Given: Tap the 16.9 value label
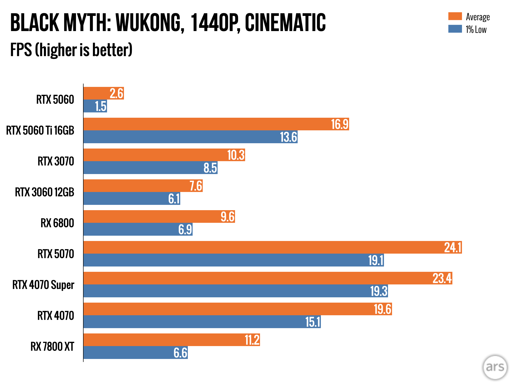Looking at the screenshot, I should pos(340,124).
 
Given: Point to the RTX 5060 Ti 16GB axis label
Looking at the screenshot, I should pos(40,131).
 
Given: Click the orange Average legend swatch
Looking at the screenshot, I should pos(455,16).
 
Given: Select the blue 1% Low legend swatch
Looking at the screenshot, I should pos(455,29).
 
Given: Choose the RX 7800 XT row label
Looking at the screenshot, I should pos(52,346).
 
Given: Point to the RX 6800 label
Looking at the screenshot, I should pos(57,223).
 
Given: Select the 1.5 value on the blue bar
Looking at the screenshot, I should pos(101,106).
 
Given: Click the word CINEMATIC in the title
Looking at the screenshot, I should pos(285,23).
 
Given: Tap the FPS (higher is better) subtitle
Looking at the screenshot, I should pos(71,50).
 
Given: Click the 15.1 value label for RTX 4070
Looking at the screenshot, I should pos(313,322).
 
